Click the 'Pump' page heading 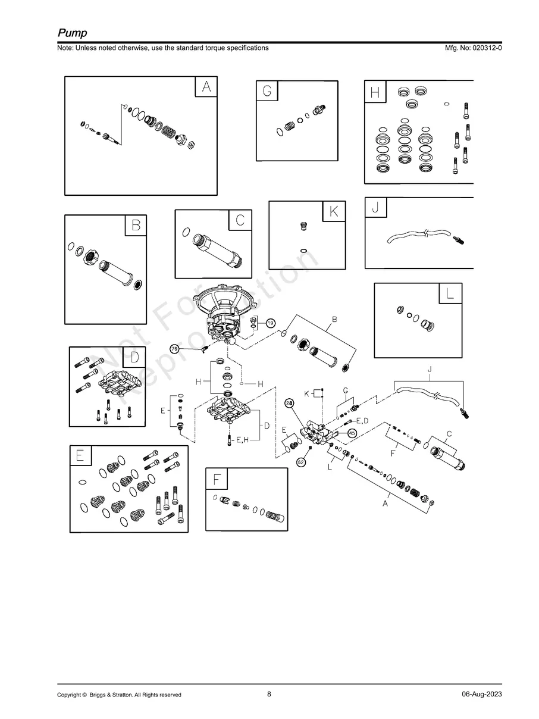(x=72, y=33)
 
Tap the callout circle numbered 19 (x=269, y=323)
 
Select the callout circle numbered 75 (x=175, y=349)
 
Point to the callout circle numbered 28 (x=290, y=404)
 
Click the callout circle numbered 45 (x=352, y=433)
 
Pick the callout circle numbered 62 (x=301, y=462)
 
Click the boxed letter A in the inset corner (x=206, y=87)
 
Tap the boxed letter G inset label (x=267, y=91)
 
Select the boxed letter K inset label (x=334, y=211)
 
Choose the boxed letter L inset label (x=450, y=293)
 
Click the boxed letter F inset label (x=217, y=479)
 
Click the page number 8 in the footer (x=269, y=694)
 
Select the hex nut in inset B (x=91, y=257)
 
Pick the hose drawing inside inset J (x=416, y=236)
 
